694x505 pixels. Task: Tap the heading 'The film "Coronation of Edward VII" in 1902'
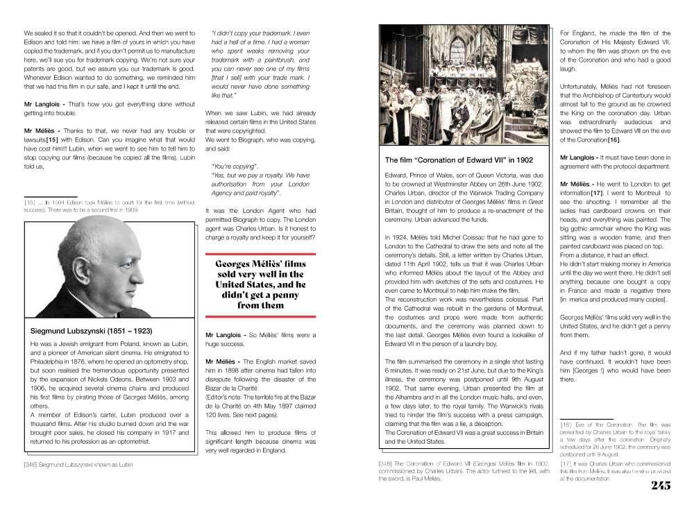pyautogui.click(x=460, y=161)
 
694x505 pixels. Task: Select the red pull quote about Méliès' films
pyautogui.click(x=260, y=284)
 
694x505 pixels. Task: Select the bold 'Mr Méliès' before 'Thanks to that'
pyautogui.click(x=44, y=130)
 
